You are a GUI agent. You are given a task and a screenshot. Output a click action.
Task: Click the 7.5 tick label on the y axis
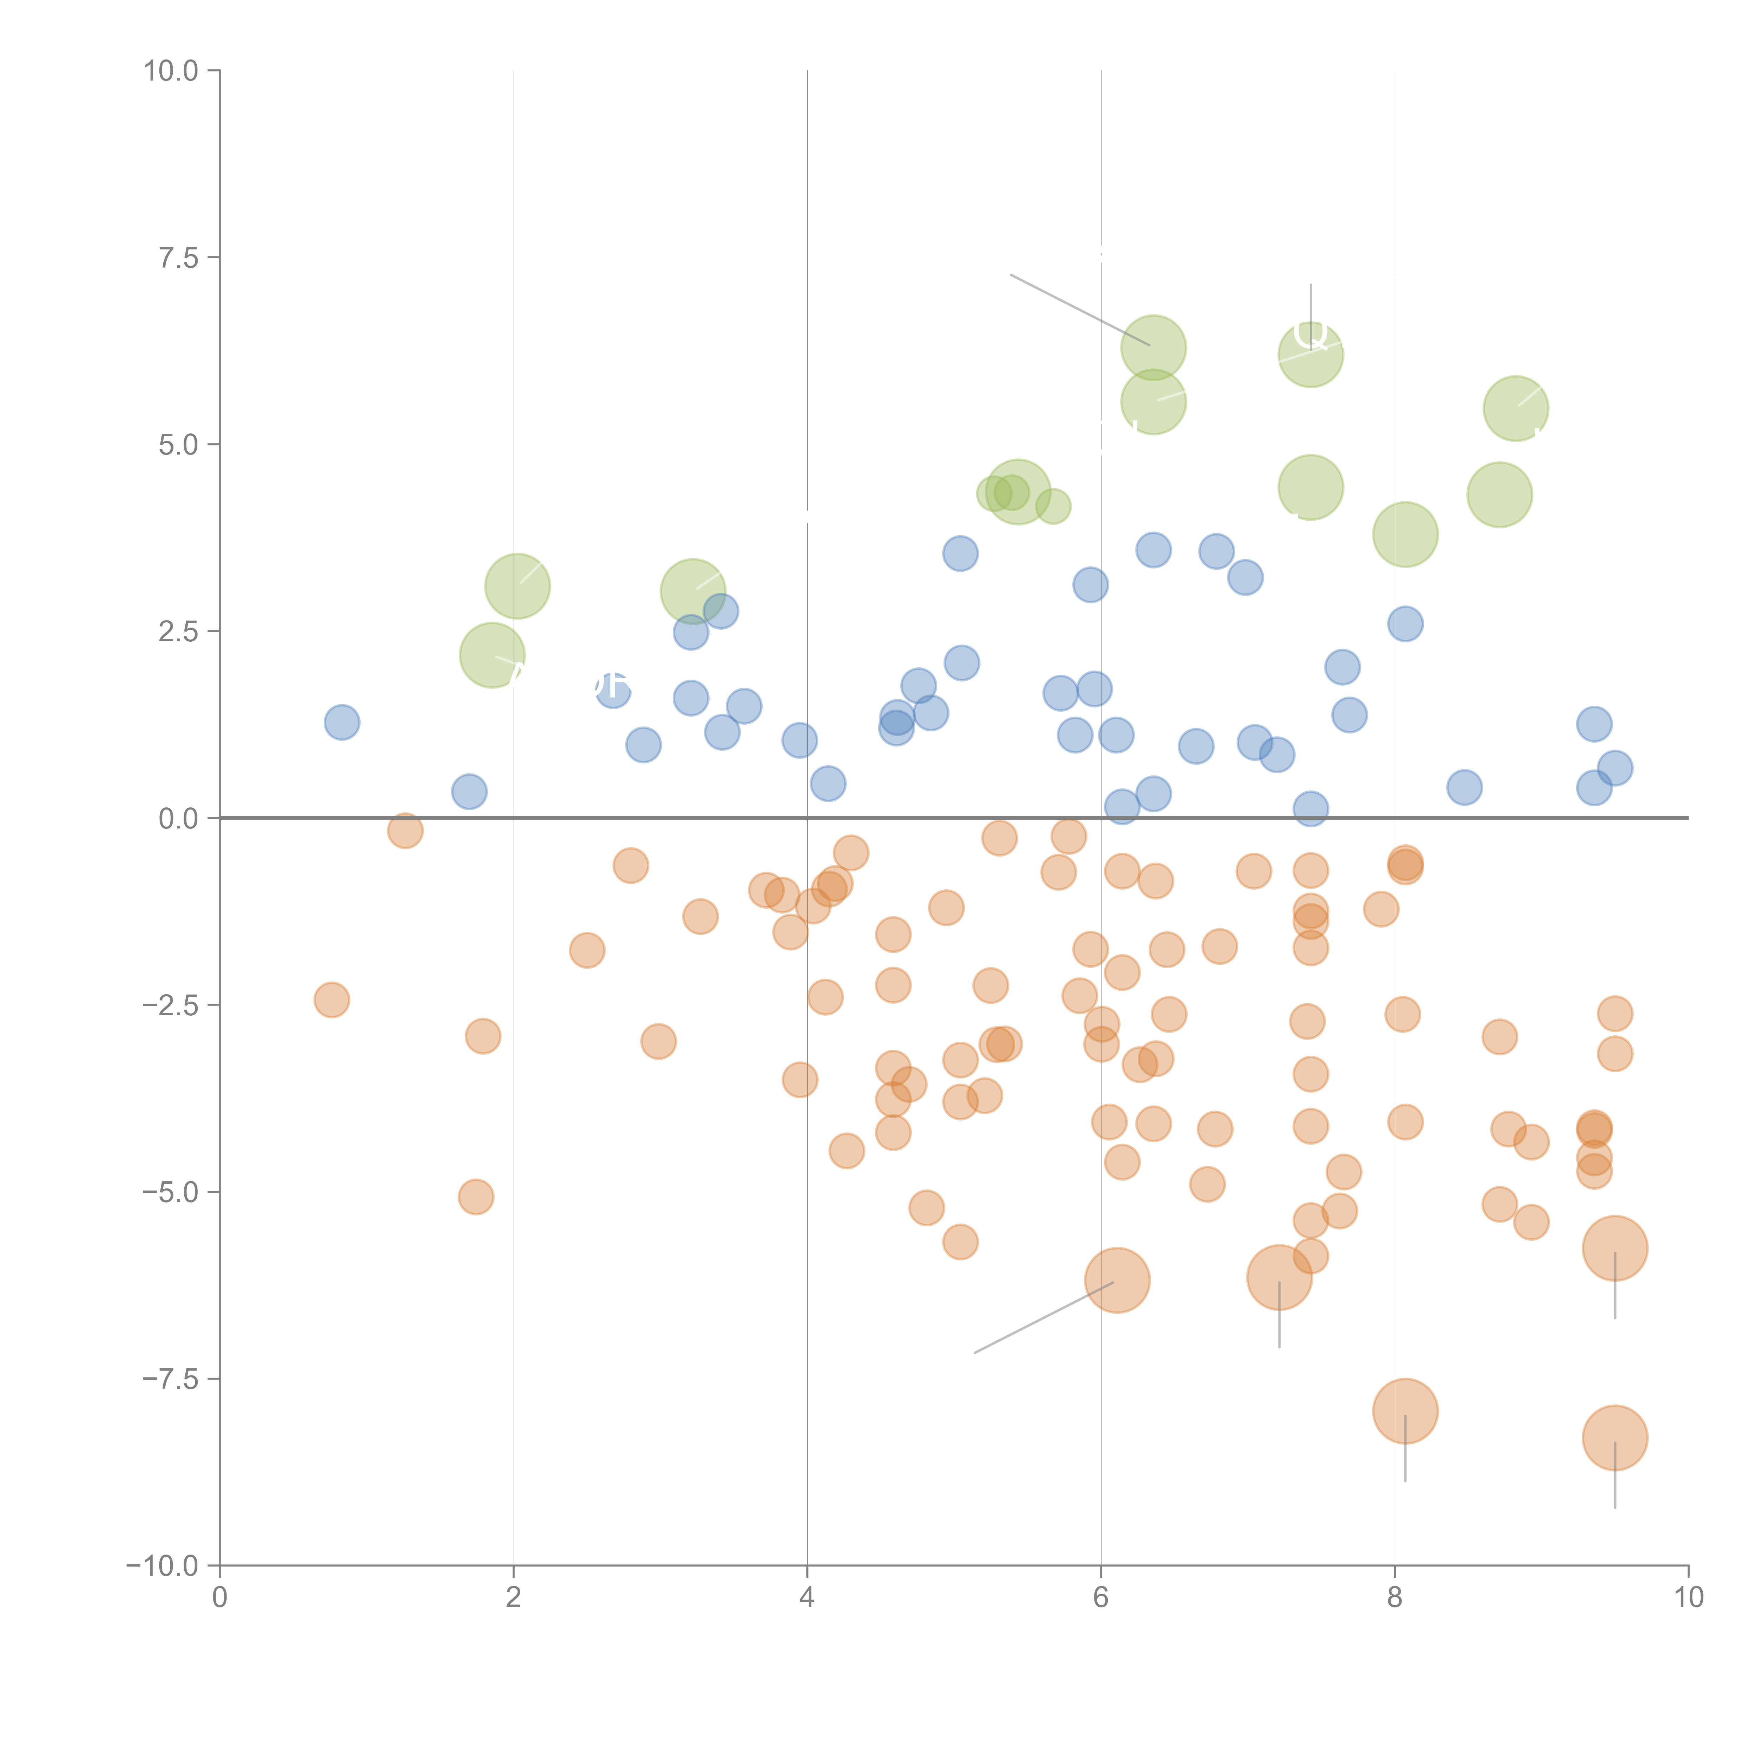[178, 258]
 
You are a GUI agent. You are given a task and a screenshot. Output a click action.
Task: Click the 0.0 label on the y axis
[178, 819]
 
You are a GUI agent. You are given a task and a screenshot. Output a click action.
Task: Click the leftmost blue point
[341, 722]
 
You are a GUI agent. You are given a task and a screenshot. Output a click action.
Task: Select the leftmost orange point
[331, 1000]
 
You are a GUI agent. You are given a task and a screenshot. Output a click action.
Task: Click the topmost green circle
[1154, 347]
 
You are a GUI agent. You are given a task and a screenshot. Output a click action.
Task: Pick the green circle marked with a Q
[1310, 354]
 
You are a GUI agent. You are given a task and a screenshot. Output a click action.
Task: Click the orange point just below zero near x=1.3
[405, 830]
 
